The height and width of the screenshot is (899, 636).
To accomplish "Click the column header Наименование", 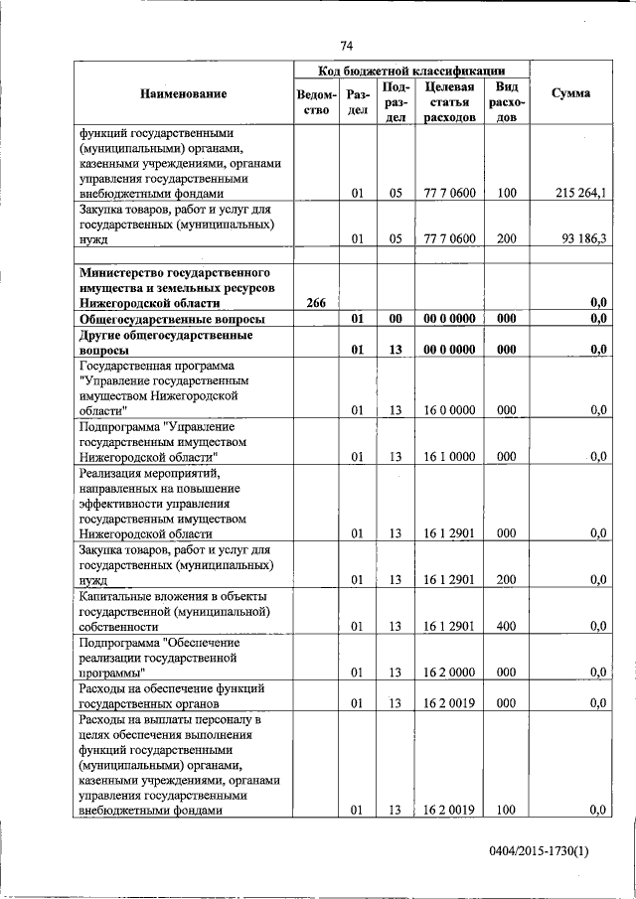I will click(183, 93).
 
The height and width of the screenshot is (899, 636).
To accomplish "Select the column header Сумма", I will click(570, 93).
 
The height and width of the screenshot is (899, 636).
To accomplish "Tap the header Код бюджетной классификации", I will click(410, 71).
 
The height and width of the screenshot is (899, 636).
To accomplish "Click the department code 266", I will click(316, 302).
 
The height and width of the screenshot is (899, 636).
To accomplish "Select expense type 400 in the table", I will click(507, 626).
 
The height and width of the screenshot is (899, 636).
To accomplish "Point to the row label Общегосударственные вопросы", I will click(172, 319).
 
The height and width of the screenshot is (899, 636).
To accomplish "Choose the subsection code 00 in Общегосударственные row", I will click(395, 319).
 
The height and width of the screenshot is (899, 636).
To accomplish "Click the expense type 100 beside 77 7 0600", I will click(507, 194).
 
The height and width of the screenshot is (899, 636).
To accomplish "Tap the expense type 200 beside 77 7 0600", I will click(507, 238).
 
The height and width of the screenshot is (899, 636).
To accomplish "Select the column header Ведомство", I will click(316, 102).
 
